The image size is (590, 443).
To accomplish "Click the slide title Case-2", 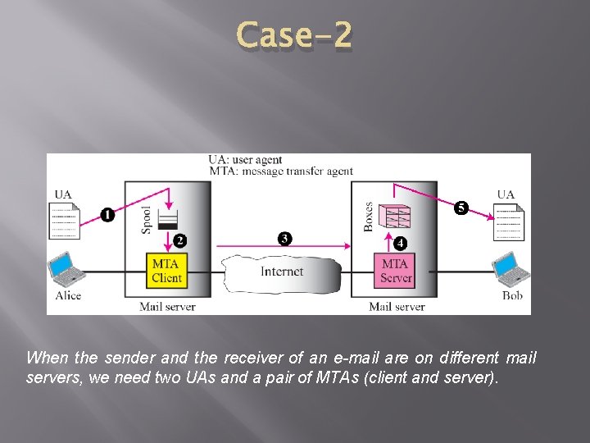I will (x=294, y=35).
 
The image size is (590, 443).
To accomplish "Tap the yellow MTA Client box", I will (x=166, y=271).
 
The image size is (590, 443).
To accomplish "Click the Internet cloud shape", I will (x=281, y=272).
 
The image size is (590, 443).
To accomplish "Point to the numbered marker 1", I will (x=107, y=215).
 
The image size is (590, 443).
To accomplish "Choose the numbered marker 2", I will (x=180, y=241).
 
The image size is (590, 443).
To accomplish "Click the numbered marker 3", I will (x=284, y=239).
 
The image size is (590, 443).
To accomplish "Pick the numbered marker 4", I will (x=400, y=244).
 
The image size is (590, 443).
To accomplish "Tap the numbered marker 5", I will (x=461, y=208).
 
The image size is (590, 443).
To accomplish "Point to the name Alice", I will (x=68, y=295).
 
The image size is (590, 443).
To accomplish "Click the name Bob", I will (x=512, y=295).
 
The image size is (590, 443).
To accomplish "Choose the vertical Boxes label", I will (x=369, y=217).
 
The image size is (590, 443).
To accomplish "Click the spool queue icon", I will (x=167, y=220).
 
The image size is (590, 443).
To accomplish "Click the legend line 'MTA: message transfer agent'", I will (x=280, y=171).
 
